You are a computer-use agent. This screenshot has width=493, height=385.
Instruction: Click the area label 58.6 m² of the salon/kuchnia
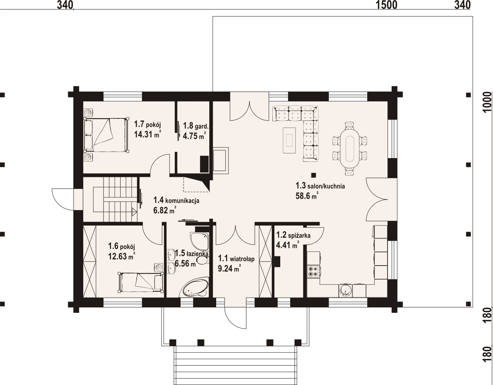[307, 195]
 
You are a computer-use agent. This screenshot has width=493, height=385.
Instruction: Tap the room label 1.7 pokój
[147, 124]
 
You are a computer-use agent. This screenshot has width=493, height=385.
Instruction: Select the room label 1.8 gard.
[196, 125]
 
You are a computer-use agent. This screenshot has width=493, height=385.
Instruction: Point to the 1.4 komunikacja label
[176, 200]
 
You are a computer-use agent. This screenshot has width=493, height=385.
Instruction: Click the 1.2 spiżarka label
[293, 235]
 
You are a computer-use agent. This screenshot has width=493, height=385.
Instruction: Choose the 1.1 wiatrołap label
[236, 259]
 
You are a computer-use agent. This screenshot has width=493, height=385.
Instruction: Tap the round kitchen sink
[346, 291]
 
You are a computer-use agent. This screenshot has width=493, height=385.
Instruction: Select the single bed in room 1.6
[141, 282]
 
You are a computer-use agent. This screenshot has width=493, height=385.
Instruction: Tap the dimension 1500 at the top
[386, 5]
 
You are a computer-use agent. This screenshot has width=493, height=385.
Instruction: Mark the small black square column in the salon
[313, 175]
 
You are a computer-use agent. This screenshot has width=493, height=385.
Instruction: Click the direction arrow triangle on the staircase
[134, 212]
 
